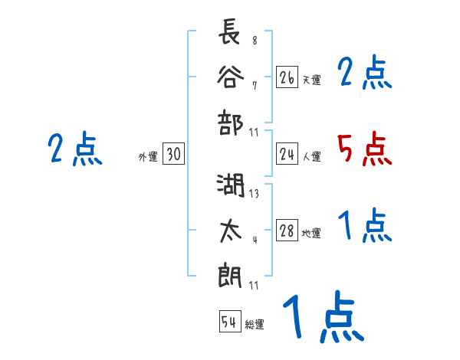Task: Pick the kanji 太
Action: pos(230,230)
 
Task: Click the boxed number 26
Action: pos(287,77)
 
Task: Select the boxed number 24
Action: pos(287,155)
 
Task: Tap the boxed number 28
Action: pos(287,231)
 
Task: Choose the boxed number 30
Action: pos(173,155)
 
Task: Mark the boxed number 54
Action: pos(229,322)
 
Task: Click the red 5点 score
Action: pos(365,149)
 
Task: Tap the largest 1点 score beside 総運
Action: pos(322,319)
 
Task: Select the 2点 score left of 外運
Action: pos(74,149)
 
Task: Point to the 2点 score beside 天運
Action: pos(365,74)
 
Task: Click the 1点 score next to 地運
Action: pos(365,226)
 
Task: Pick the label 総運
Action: pos(255,325)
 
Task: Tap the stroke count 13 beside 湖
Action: pos(254,194)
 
